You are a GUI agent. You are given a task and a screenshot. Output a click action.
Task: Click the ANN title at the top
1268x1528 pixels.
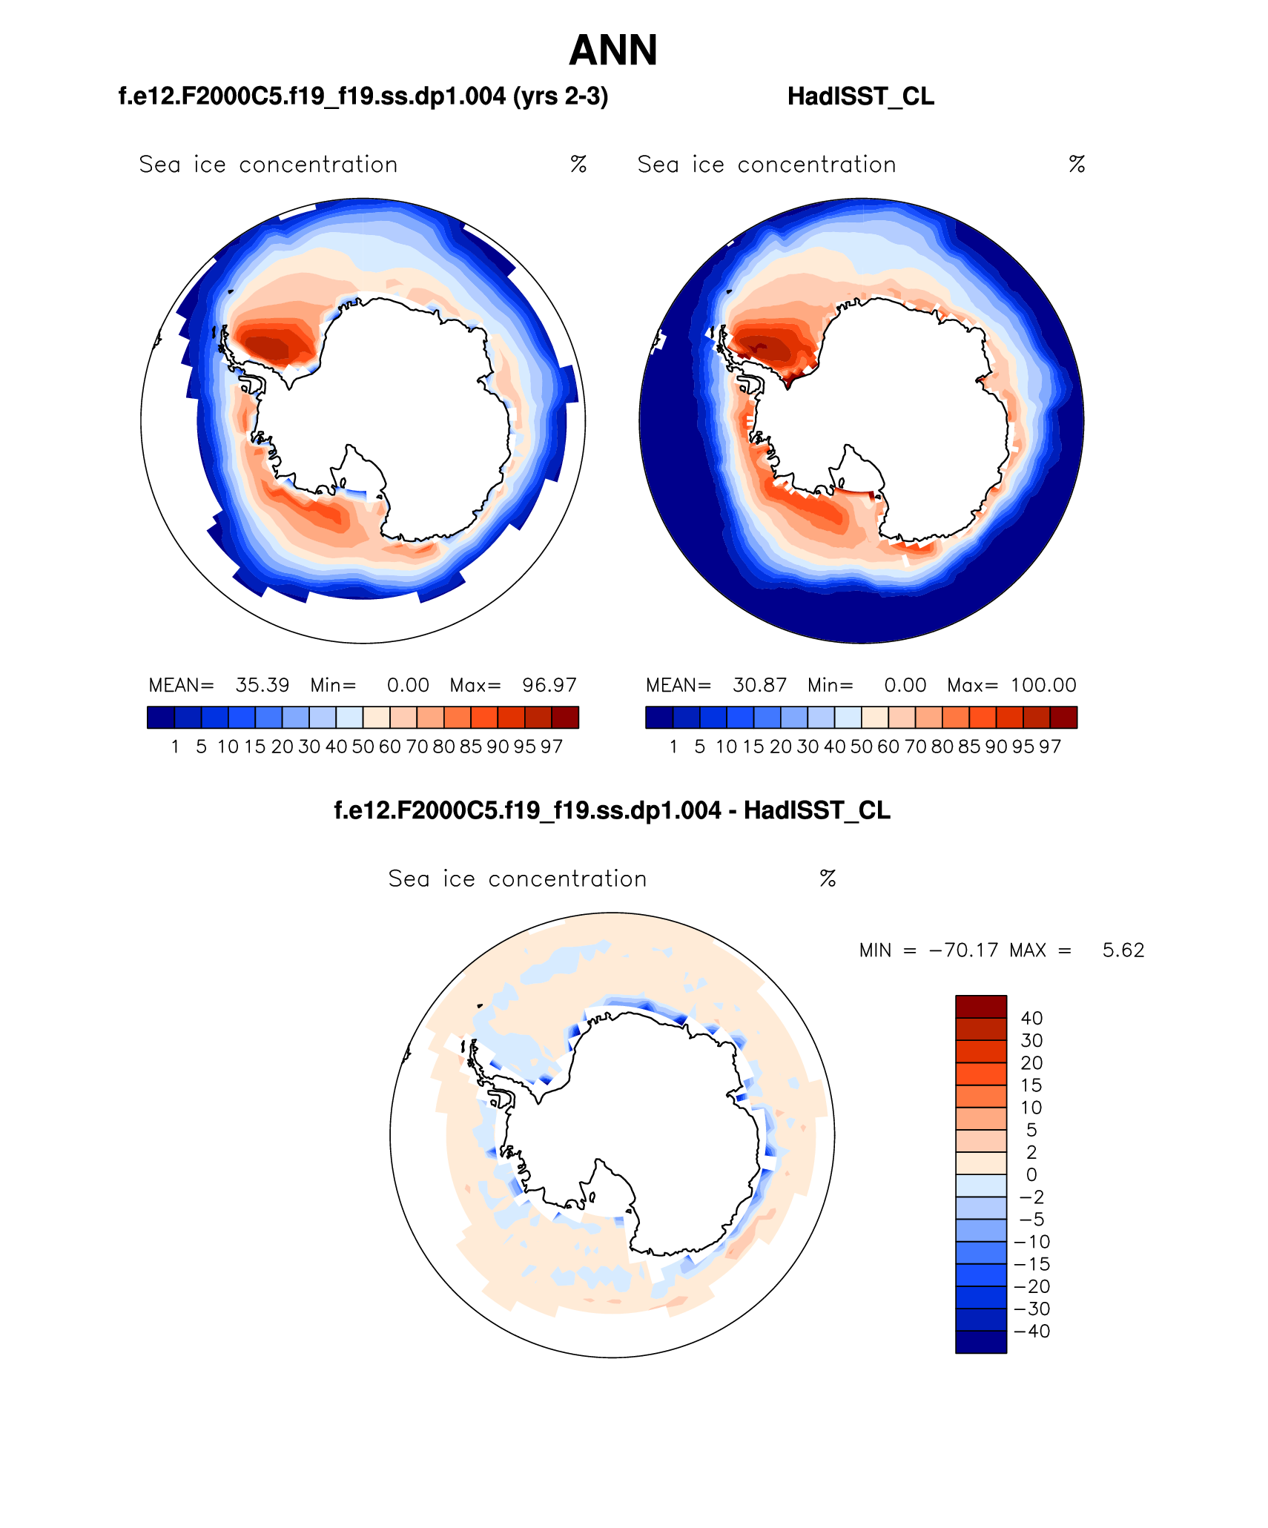pyautogui.click(x=613, y=50)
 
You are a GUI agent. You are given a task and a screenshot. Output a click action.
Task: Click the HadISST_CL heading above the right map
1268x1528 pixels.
pyautogui.click(x=860, y=96)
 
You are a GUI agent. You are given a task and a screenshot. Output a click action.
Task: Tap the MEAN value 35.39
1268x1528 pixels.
pyautogui.click(x=262, y=685)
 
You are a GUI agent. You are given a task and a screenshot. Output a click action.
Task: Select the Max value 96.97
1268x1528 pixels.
pyautogui.click(x=549, y=685)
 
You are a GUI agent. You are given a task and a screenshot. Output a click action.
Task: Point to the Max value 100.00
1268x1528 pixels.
pyautogui.click(x=1043, y=685)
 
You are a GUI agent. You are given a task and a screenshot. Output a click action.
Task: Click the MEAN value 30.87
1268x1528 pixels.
pyautogui.click(x=760, y=685)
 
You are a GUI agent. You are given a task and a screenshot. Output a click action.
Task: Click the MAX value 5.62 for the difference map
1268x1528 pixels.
pyautogui.click(x=1123, y=950)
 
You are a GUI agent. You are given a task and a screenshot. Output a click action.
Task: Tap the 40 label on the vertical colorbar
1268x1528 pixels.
pyautogui.click(x=1031, y=1019)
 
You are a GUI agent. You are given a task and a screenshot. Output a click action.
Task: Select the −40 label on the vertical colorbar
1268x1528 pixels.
pyautogui.click(x=1031, y=1332)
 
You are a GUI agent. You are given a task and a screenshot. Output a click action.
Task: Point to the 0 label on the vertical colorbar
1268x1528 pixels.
pyautogui.click(x=1031, y=1175)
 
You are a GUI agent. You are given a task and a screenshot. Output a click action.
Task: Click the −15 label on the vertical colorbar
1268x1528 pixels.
pyautogui.click(x=1031, y=1264)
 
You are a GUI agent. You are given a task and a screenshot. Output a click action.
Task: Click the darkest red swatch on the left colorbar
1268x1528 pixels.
pyautogui.click(x=565, y=718)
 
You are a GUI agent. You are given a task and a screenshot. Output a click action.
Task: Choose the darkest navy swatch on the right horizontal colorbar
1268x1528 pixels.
pyautogui.click(x=659, y=718)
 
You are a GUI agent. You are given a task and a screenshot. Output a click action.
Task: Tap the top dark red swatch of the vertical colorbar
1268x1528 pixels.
pyautogui.click(x=981, y=1007)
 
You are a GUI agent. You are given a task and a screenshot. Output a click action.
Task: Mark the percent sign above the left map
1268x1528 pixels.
pyautogui.click(x=578, y=165)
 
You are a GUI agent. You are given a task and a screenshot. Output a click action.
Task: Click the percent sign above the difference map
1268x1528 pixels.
pyautogui.click(x=828, y=879)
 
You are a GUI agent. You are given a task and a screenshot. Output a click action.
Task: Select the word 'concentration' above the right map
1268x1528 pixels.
pyautogui.click(x=816, y=165)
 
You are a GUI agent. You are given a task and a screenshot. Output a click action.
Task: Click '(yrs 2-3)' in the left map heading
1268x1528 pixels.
pyautogui.click(x=561, y=96)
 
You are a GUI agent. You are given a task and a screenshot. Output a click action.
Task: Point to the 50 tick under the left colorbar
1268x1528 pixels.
pyautogui.click(x=363, y=747)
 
